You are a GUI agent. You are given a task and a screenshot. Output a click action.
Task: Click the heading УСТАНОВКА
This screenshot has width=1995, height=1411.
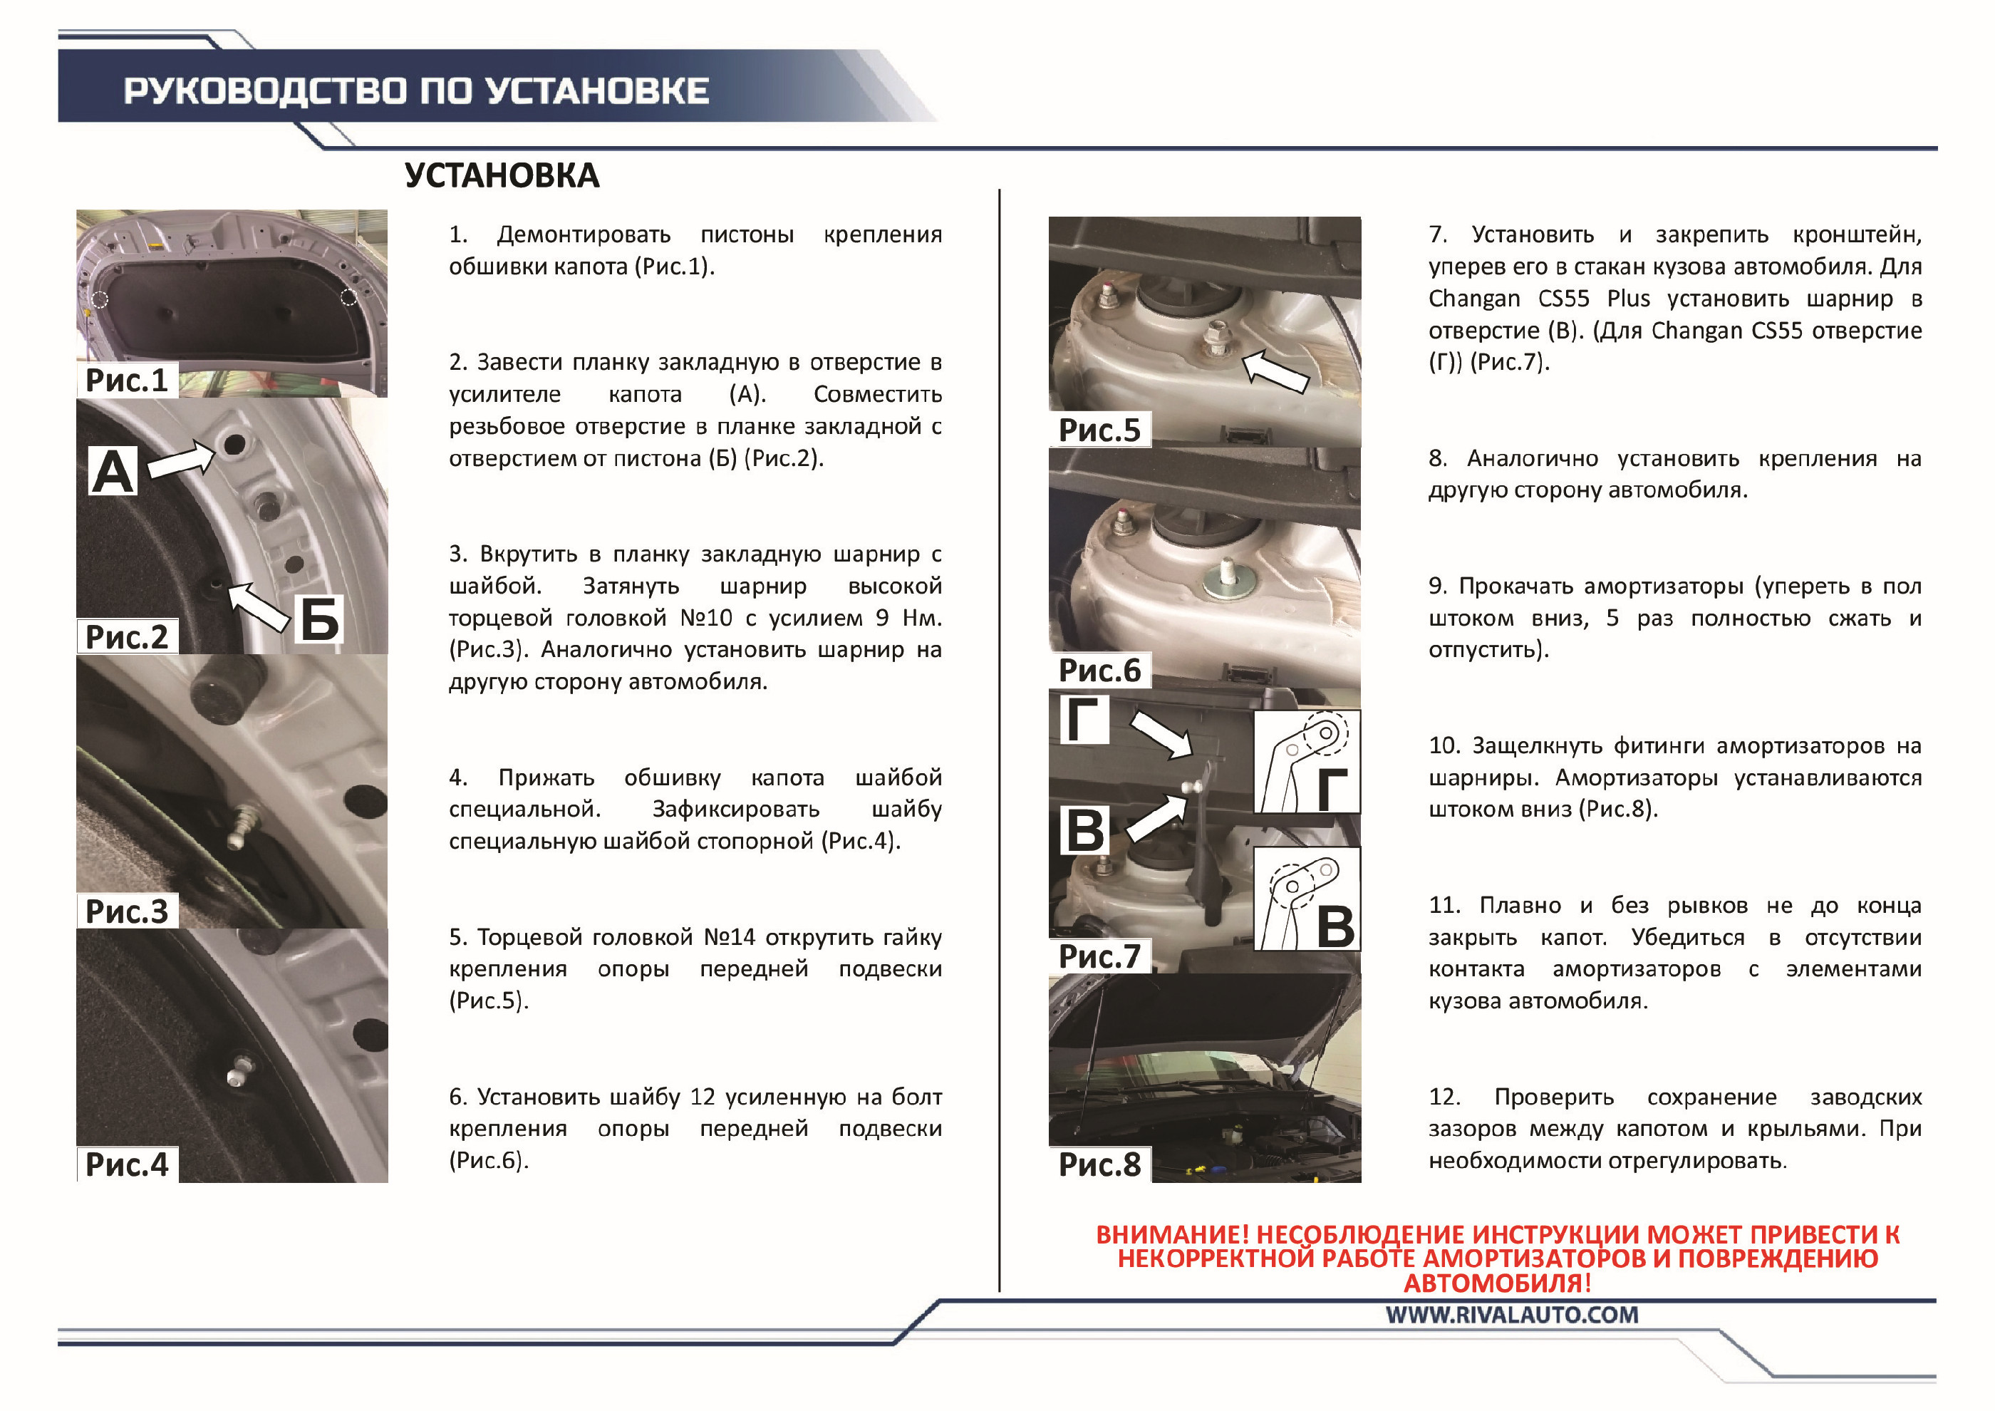(502, 175)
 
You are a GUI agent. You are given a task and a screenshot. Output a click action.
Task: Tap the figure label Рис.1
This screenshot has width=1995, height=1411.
(127, 380)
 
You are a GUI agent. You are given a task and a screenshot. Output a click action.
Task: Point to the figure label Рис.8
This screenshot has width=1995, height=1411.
(1099, 1164)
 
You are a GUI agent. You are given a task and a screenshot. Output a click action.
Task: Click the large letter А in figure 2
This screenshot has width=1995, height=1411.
(113, 472)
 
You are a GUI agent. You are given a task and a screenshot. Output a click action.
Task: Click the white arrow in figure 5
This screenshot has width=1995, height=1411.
(1275, 371)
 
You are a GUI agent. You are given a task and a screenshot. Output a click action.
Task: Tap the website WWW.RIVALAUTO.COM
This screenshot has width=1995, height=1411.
(1512, 1315)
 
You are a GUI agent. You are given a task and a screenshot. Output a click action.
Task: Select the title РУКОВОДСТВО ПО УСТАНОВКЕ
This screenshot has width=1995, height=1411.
(416, 91)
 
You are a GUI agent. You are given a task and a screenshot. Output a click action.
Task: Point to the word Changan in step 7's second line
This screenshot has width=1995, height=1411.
(1475, 298)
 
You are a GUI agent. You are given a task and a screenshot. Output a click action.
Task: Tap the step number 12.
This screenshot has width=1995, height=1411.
(1444, 1097)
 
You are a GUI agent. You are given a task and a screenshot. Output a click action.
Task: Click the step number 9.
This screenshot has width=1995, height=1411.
(1437, 586)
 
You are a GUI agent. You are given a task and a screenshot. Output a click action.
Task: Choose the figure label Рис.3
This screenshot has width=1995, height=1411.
(127, 911)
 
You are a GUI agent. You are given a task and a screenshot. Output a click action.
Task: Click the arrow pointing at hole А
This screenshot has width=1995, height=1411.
(182, 458)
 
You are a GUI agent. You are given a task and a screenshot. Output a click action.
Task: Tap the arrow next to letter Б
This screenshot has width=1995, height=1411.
(258, 605)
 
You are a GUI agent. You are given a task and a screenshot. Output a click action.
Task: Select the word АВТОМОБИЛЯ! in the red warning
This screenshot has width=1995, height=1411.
(1497, 1283)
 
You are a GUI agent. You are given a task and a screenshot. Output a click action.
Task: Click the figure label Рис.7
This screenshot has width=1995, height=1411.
(1099, 956)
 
